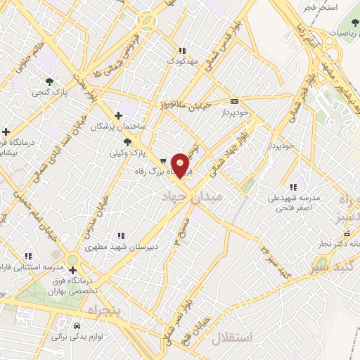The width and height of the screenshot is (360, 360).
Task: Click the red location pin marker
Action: click(181, 165)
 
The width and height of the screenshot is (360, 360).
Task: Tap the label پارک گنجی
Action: click(49, 91)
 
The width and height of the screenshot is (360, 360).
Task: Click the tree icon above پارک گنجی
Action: click(49, 81)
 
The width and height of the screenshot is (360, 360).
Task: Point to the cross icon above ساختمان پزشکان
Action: click(118, 115)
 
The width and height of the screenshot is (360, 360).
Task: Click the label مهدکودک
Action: click(184, 61)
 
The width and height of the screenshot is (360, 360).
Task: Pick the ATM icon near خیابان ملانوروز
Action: click(234, 101)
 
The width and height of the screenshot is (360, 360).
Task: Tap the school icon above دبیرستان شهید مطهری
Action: click(121, 236)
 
